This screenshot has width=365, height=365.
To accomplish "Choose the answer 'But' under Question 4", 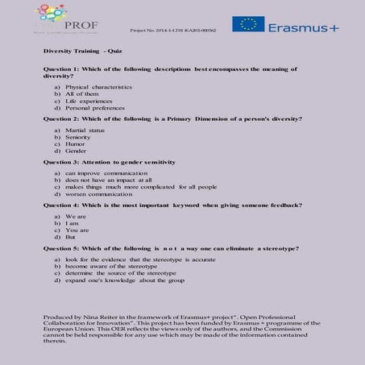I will click(x=70, y=238).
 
